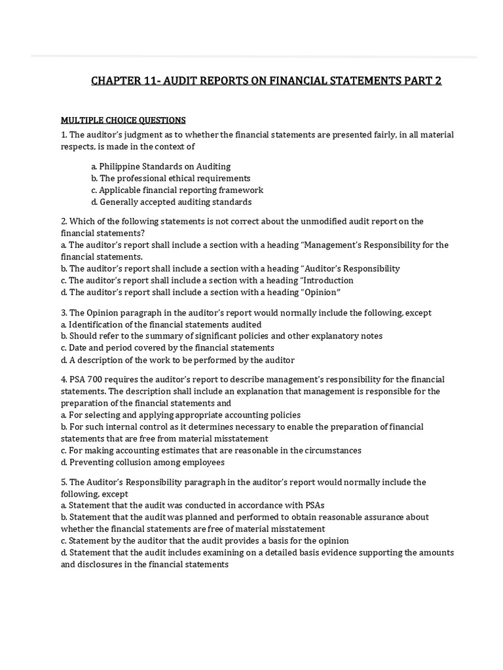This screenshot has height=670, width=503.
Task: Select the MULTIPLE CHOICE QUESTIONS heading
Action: pyautogui.click(x=123, y=120)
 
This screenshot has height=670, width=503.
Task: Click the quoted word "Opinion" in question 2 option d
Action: pyautogui.click(x=322, y=292)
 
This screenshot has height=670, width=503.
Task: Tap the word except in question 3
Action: pyautogui.click(x=419, y=313)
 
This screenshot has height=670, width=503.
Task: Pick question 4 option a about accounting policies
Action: pyautogui.click(x=181, y=415)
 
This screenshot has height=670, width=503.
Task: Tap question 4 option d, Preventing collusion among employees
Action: pyautogui.click(x=143, y=462)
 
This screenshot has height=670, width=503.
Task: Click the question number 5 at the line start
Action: pyautogui.click(x=64, y=482)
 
